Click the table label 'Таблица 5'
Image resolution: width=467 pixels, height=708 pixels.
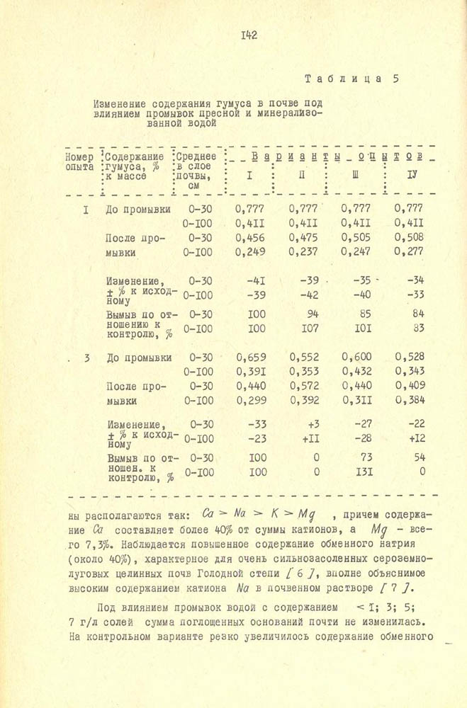click(350, 78)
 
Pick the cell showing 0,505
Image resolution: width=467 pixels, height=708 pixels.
click(355, 238)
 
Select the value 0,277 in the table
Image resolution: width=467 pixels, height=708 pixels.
click(408, 251)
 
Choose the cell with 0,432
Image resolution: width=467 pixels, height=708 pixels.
click(355, 371)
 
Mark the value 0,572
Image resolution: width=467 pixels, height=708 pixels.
click(304, 386)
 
